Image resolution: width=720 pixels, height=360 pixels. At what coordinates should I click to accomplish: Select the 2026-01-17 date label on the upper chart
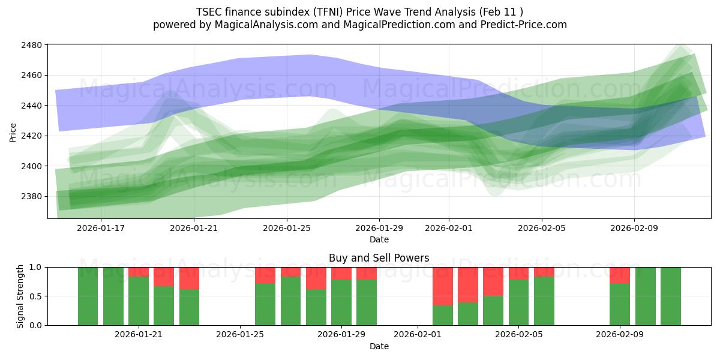tap(101, 228)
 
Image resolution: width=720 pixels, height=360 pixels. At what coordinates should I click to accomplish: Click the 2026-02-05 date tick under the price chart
tap(542, 228)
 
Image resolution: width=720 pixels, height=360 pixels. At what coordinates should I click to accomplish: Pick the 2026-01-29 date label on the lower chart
tap(341, 334)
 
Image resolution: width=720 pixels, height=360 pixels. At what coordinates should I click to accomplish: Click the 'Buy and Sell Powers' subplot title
tap(379, 258)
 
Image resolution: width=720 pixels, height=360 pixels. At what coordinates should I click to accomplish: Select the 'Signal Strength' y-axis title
tap(20, 296)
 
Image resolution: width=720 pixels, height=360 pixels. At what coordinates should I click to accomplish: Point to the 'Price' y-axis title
tap(13, 132)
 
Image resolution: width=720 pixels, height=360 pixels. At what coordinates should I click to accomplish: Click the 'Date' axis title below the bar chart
tap(379, 346)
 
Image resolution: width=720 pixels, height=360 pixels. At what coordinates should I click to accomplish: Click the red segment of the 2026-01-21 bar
tap(139, 272)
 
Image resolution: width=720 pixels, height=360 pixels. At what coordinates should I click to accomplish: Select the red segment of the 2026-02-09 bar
tap(619, 275)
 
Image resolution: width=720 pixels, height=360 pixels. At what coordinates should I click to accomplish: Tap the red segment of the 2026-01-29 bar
tap(341, 273)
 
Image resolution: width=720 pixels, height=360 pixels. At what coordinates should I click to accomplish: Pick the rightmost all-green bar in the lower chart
tap(670, 296)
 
